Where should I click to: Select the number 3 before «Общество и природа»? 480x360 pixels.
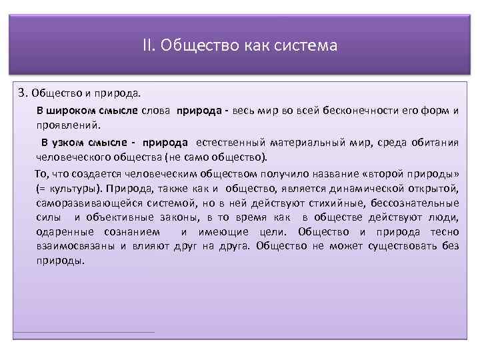tap(21, 92)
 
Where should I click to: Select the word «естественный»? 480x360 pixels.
tap(229, 142)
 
